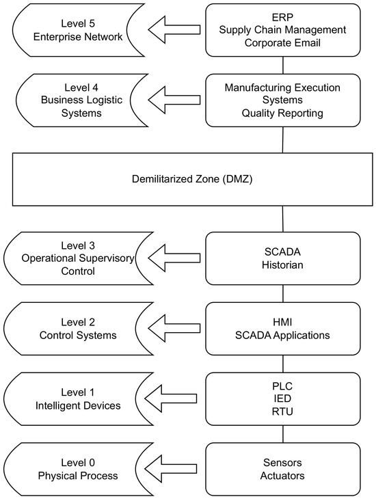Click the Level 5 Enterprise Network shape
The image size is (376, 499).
tap(78, 30)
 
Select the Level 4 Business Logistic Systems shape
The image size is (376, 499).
tap(81, 100)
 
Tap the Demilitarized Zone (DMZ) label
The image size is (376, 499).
tap(192, 179)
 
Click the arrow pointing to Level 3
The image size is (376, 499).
tap(174, 258)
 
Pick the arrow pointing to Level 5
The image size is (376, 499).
tap(174, 29)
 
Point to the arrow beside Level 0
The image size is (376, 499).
tap(171, 468)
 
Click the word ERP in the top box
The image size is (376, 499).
tap(282, 17)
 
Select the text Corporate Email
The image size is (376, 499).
tap(282, 43)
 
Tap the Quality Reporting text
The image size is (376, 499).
tap(282, 113)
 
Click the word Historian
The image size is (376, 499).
tap(282, 265)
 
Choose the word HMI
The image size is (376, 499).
tap(282, 322)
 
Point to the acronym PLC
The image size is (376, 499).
tap(282, 386)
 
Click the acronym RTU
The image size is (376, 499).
tap(282, 412)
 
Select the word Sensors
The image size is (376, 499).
tap(282, 462)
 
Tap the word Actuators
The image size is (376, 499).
tap(282, 476)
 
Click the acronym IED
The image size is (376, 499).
tap(282, 399)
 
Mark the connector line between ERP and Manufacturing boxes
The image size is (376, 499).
tap(283, 65)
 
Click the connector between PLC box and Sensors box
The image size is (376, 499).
tap(283, 434)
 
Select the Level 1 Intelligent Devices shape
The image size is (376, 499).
tap(78, 399)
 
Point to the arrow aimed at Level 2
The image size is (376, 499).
tap(174, 328)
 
